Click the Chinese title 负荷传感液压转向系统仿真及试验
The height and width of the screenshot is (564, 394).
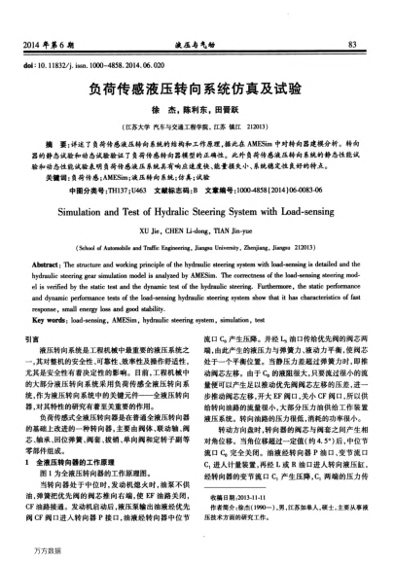197,90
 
